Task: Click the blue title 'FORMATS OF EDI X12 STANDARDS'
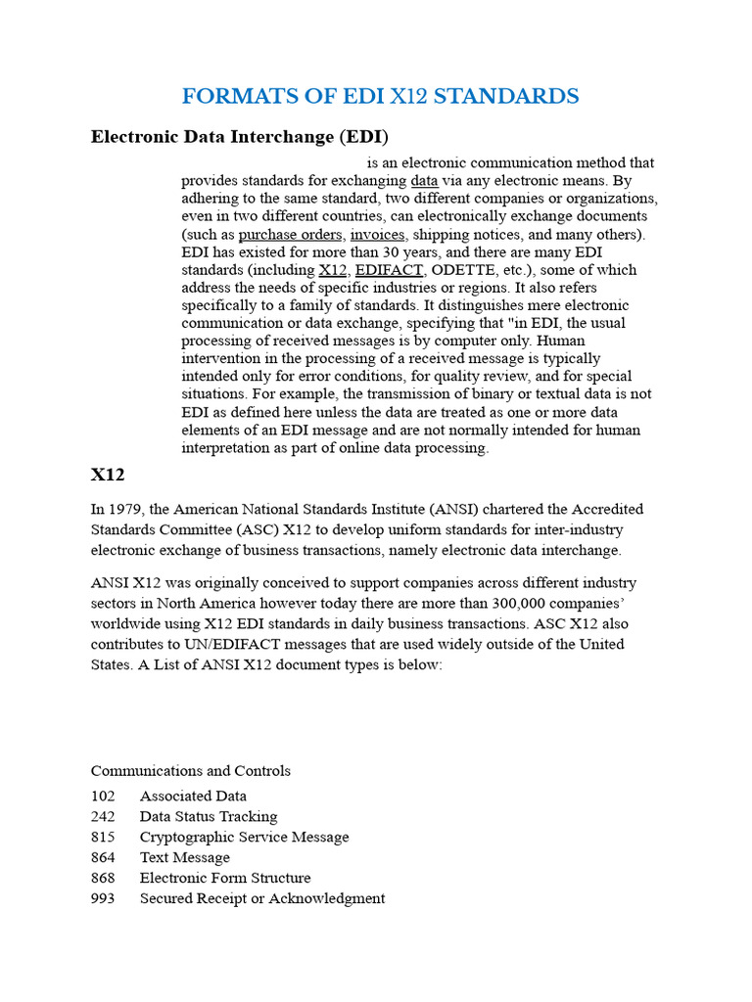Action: click(380, 96)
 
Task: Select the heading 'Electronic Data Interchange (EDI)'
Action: click(240, 136)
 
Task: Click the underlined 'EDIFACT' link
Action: click(389, 269)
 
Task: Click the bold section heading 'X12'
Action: click(108, 475)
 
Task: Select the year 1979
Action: click(127, 509)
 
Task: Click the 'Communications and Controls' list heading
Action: click(190, 770)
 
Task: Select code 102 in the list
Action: click(103, 796)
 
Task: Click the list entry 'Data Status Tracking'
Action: click(209, 816)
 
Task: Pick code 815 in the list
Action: click(103, 837)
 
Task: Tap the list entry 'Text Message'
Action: click(185, 857)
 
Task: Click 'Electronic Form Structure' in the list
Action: click(225, 878)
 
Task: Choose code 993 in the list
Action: click(103, 898)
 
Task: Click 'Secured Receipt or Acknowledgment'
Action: click(262, 898)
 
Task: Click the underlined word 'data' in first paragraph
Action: click(424, 181)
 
